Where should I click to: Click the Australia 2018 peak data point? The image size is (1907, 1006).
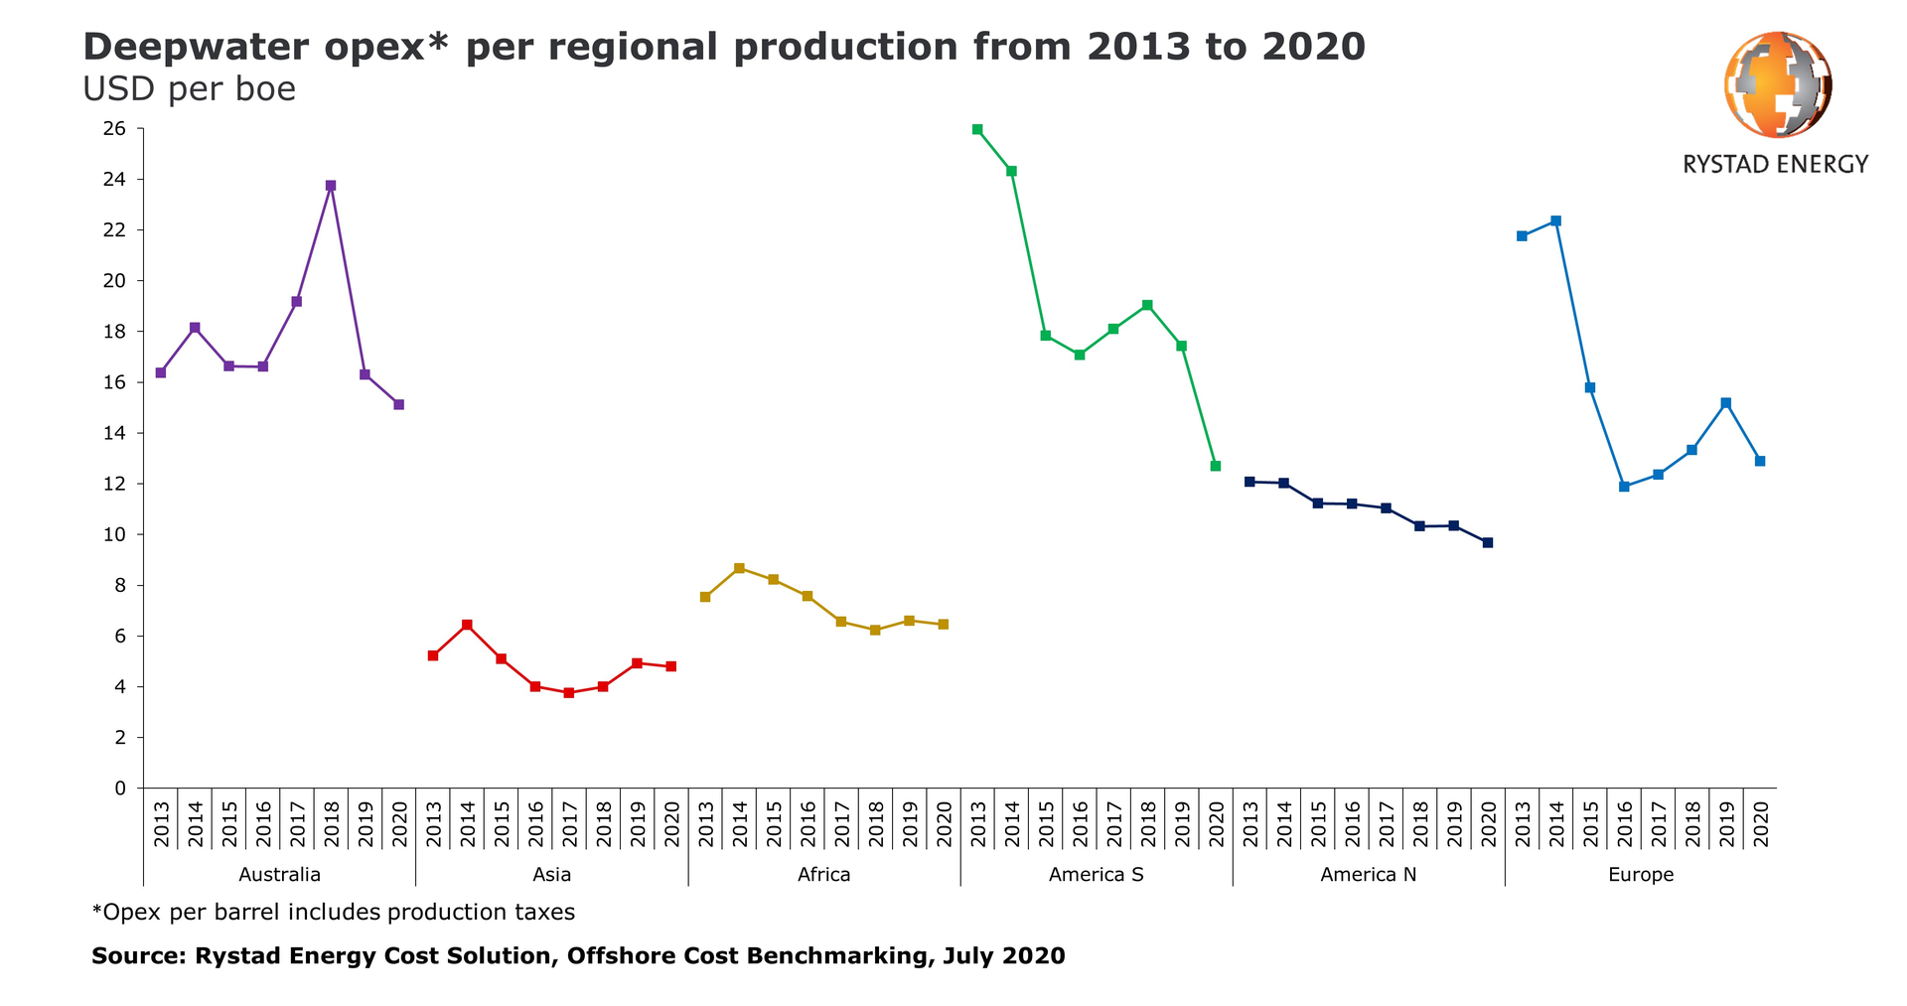coord(331,186)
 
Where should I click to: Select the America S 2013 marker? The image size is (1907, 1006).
coord(977,129)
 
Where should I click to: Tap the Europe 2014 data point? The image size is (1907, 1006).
coord(1555,220)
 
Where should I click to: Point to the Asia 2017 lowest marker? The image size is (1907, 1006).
coord(569,692)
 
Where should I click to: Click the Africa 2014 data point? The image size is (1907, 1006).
coord(739,568)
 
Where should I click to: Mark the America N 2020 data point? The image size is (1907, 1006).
coord(1487,542)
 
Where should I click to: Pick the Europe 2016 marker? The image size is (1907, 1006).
coord(1624,487)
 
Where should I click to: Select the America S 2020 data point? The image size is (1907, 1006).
coord(1215,466)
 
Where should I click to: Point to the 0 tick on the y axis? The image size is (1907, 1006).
coord(120,789)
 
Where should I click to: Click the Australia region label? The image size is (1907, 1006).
coord(280,875)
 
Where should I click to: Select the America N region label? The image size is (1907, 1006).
coord(1368,875)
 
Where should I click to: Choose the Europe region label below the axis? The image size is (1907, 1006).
coord(1641,875)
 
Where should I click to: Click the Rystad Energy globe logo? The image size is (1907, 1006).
coord(1777,83)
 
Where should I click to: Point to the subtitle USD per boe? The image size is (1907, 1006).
coord(189,89)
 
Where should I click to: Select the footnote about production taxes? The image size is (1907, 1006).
coord(334,912)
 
